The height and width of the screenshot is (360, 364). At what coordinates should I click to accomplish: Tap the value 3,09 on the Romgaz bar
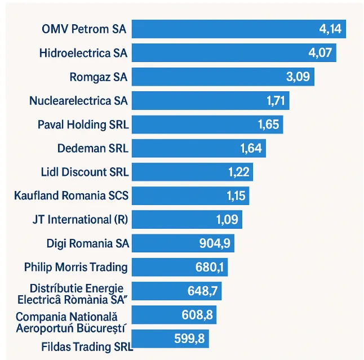coord(298,77)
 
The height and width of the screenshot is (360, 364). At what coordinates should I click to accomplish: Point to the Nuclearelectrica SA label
coord(78,101)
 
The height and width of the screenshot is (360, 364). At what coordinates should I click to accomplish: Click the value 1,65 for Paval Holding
coord(268,125)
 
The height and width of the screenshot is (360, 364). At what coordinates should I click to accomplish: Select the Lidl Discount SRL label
coord(85,172)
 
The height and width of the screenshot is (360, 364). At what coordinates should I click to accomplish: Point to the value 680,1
coord(211,267)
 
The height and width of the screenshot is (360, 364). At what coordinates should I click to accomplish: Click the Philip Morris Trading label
coord(76,267)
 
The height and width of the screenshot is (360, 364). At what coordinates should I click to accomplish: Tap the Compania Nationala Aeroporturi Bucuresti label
coord(71,322)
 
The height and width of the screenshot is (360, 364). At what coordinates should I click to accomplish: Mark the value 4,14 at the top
coord(330,29)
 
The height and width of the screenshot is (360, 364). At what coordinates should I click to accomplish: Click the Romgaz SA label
coord(98,77)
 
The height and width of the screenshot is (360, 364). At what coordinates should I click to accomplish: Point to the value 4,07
coord(320,54)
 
